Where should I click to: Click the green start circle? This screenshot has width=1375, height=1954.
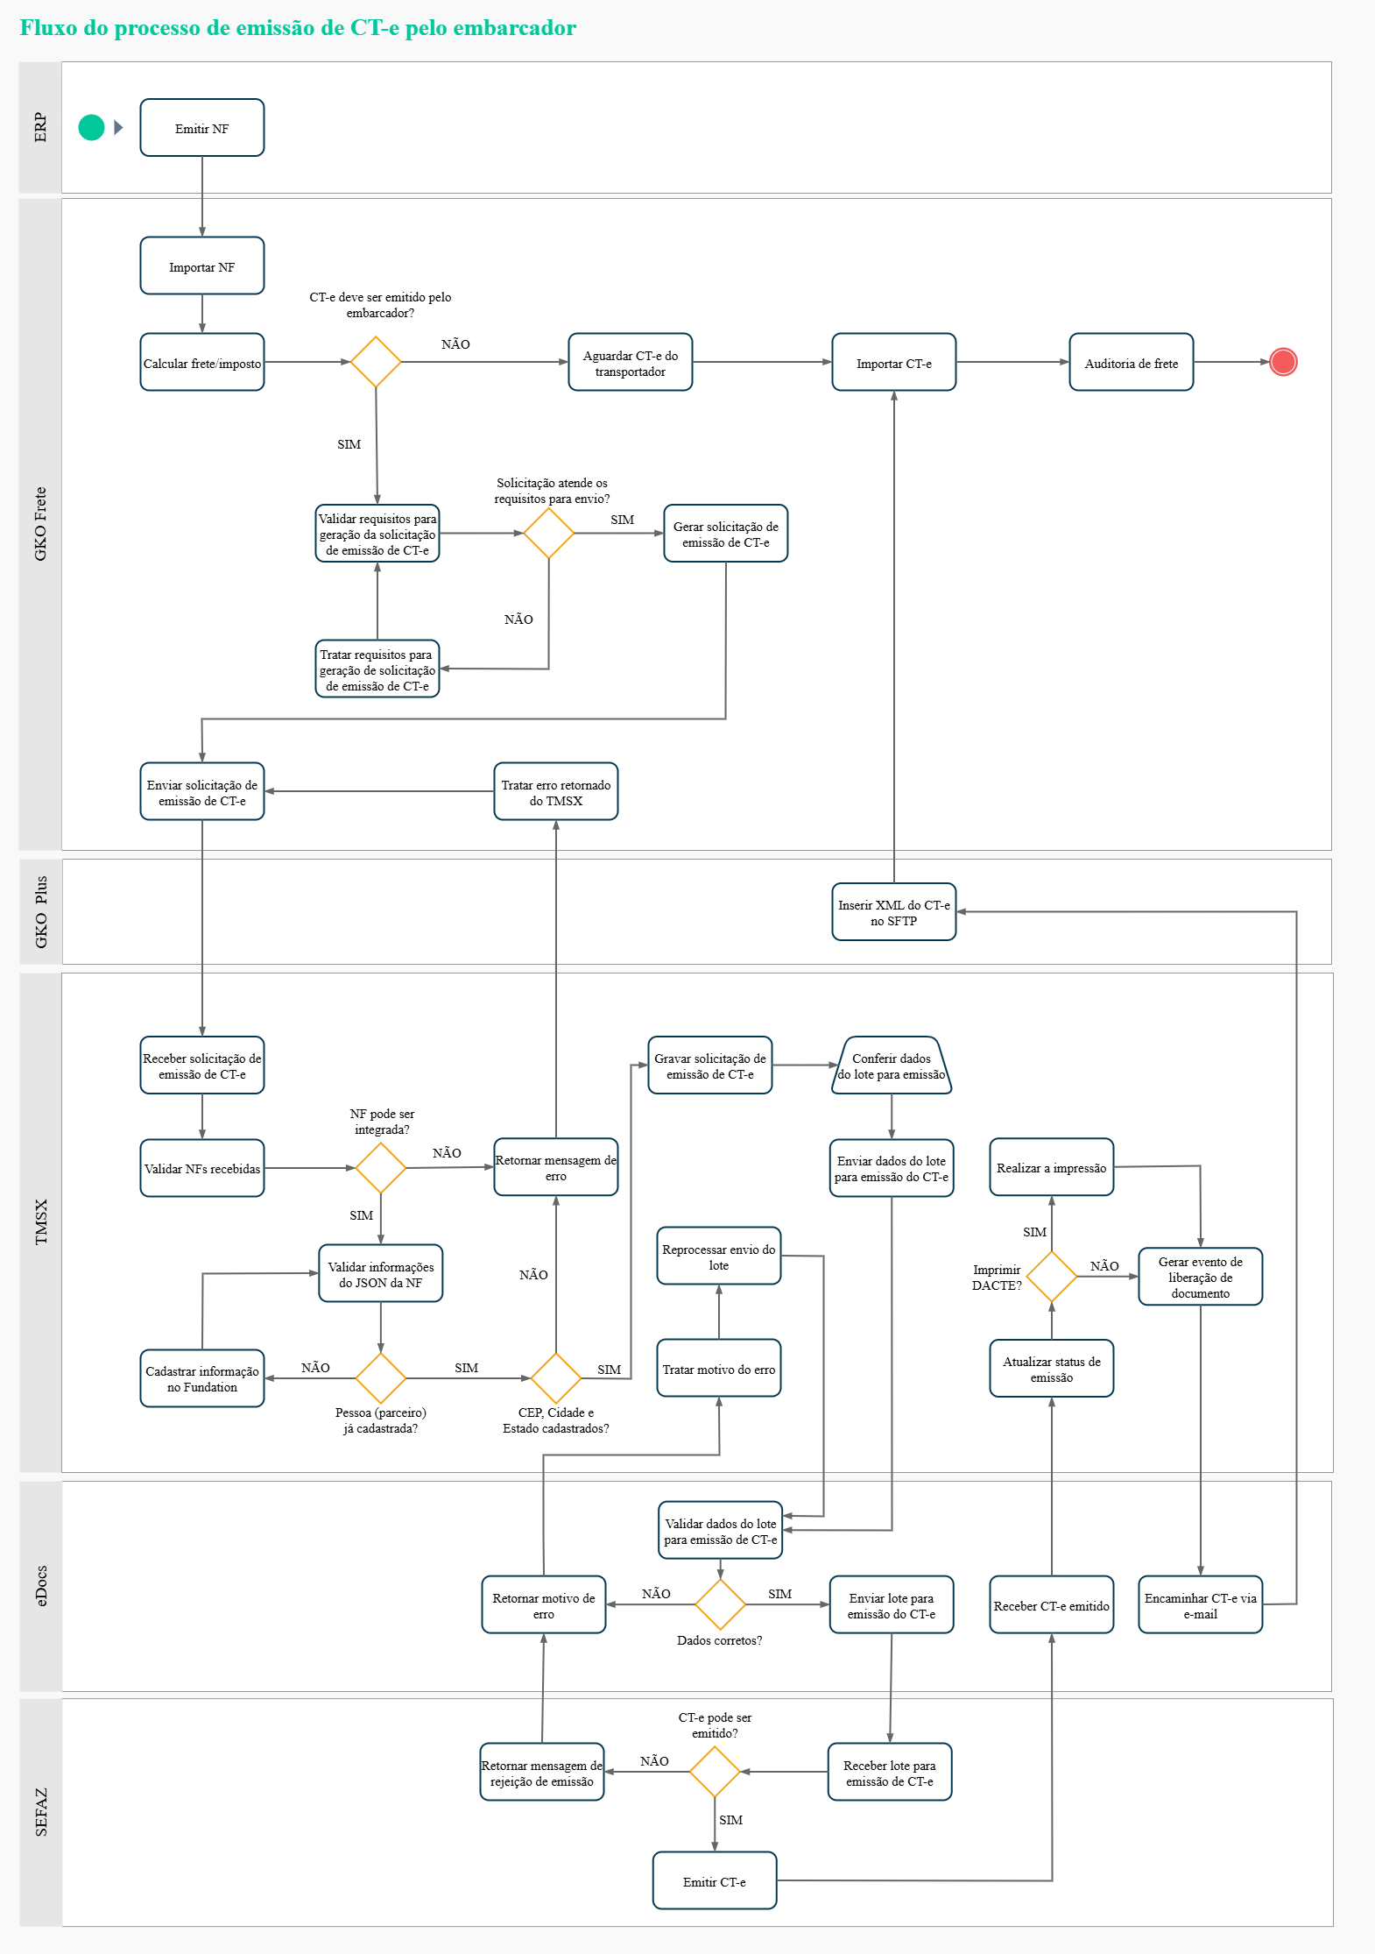pyautogui.click(x=91, y=128)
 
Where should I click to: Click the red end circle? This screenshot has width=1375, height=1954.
pyautogui.click(x=1283, y=362)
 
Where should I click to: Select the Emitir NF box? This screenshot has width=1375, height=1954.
pyautogui.click(x=202, y=128)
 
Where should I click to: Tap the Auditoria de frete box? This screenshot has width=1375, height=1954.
pyautogui.click(x=1131, y=362)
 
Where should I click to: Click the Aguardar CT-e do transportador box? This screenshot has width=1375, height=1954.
pyautogui.click(x=630, y=362)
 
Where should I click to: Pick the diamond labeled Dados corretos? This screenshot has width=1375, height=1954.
pyautogui.click(x=720, y=1604)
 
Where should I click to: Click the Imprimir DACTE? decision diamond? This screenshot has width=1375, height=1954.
pyautogui.click(x=1051, y=1277)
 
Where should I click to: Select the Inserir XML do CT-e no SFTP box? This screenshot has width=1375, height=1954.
pyautogui.click(x=893, y=912)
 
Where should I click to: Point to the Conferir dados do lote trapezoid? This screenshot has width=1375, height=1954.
pyautogui.click(x=892, y=1065)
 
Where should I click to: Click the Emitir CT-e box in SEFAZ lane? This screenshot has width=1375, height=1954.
pyautogui.click(x=715, y=1881)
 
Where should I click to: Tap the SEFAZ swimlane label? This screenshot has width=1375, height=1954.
pyautogui.click(x=40, y=1812)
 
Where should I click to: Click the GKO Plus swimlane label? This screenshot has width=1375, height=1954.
pyautogui.click(x=40, y=911)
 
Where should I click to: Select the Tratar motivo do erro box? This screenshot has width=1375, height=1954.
pyautogui.click(x=718, y=1369)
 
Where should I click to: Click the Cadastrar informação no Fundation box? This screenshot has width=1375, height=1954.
pyautogui.click(x=202, y=1378)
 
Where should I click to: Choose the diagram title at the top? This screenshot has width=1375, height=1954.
pyautogui.click(x=298, y=28)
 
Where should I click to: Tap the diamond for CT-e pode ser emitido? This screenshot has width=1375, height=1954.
pyautogui.click(x=715, y=1772)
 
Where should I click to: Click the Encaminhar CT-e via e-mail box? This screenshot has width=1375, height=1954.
pyautogui.click(x=1200, y=1605)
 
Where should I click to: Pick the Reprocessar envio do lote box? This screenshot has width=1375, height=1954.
pyautogui.click(x=718, y=1257)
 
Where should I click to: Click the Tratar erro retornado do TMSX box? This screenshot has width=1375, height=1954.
pyautogui.click(x=555, y=792)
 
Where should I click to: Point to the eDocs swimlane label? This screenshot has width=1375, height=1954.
pyautogui.click(x=40, y=1586)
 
